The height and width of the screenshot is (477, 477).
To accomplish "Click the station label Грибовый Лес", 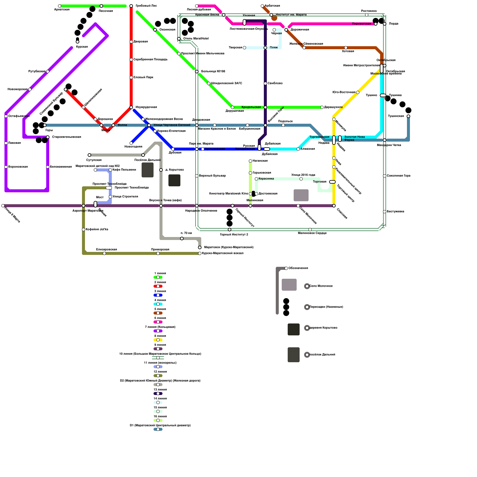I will (146, 6).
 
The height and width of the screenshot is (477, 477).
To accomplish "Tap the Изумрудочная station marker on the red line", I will (131, 107).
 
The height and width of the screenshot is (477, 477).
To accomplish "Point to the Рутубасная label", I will (37, 72).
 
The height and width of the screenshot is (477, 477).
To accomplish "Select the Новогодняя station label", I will (133, 147).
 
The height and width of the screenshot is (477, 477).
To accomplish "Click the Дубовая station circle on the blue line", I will (173, 149).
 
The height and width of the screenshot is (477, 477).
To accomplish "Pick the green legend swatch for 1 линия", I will (158, 277).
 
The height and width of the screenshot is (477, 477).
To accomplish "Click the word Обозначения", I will (298, 268).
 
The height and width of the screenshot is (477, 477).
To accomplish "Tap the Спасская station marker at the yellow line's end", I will (334, 206).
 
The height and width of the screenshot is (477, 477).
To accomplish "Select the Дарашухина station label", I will (333, 107).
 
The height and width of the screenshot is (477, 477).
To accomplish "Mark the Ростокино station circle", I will (367, 15).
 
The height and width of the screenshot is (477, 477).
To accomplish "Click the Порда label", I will (394, 24).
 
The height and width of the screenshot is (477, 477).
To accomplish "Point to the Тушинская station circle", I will (408, 116).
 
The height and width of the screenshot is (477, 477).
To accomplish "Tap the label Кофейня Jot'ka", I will (97, 230).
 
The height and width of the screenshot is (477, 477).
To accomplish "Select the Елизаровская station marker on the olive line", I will (104, 253).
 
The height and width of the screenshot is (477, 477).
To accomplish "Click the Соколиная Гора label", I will (398, 176).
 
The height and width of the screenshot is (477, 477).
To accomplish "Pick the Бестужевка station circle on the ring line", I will (385, 212).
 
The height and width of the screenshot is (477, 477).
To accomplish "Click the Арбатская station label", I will (272, 6).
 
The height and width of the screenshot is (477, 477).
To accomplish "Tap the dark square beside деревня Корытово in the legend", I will (294, 329).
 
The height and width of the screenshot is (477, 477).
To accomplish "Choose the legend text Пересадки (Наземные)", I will (326, 307).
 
